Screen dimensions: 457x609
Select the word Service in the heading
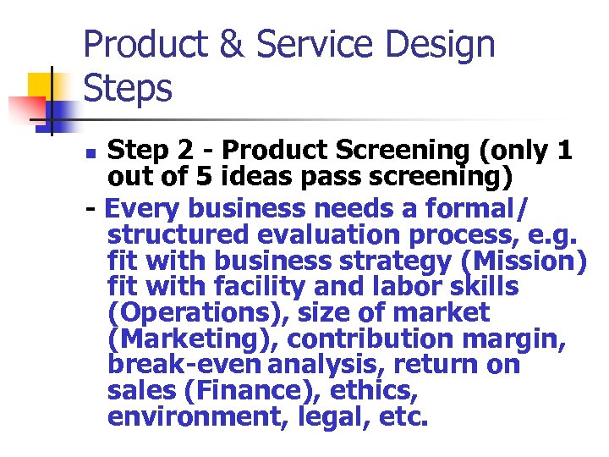pos(310,44)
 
